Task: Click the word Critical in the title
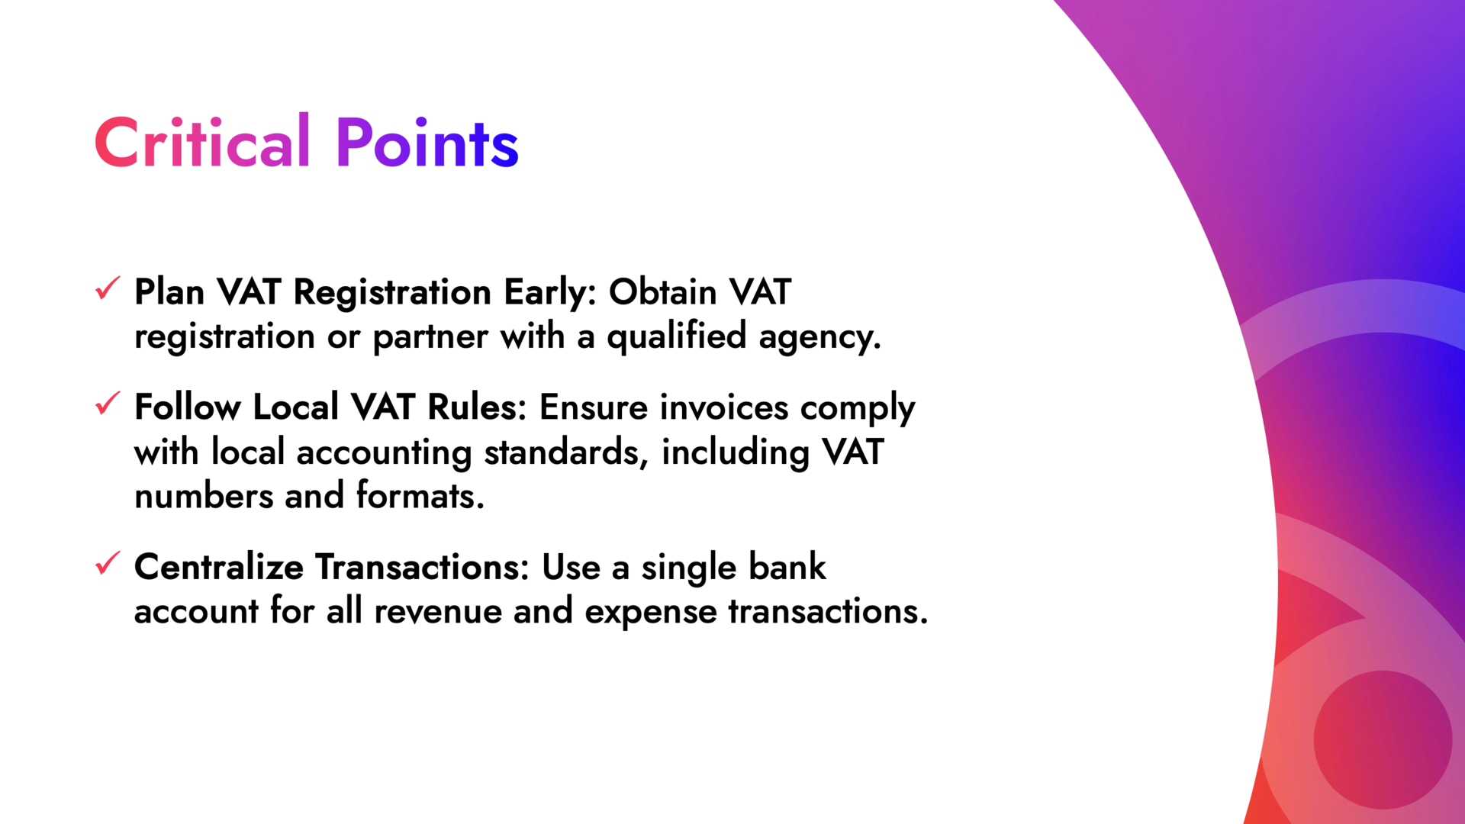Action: coord(201,143)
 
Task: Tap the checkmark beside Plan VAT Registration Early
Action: coord(108,288)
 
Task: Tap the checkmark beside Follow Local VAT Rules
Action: coord(108,404)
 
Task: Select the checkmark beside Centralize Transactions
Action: coord(108,564)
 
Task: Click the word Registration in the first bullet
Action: coord(392,292)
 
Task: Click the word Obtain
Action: coord(662,292)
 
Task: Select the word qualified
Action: coord(676,337)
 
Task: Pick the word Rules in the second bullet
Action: coord(475,407)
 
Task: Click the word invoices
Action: coord(723,407)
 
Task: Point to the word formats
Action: coord(420,497)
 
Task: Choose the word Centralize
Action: coord(218,568)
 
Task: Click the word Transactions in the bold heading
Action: coord(421,568)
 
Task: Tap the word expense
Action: coord(650,612)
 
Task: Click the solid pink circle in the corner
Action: coord(1382,739)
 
